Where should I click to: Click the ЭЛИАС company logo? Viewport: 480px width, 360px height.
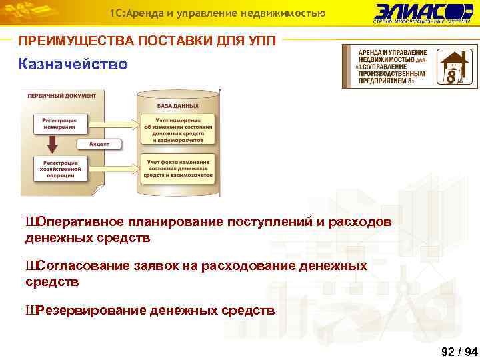423,13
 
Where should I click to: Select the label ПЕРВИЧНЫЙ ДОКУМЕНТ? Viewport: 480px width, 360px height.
61,95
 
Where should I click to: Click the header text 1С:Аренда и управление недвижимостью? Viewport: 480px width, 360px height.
217,13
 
